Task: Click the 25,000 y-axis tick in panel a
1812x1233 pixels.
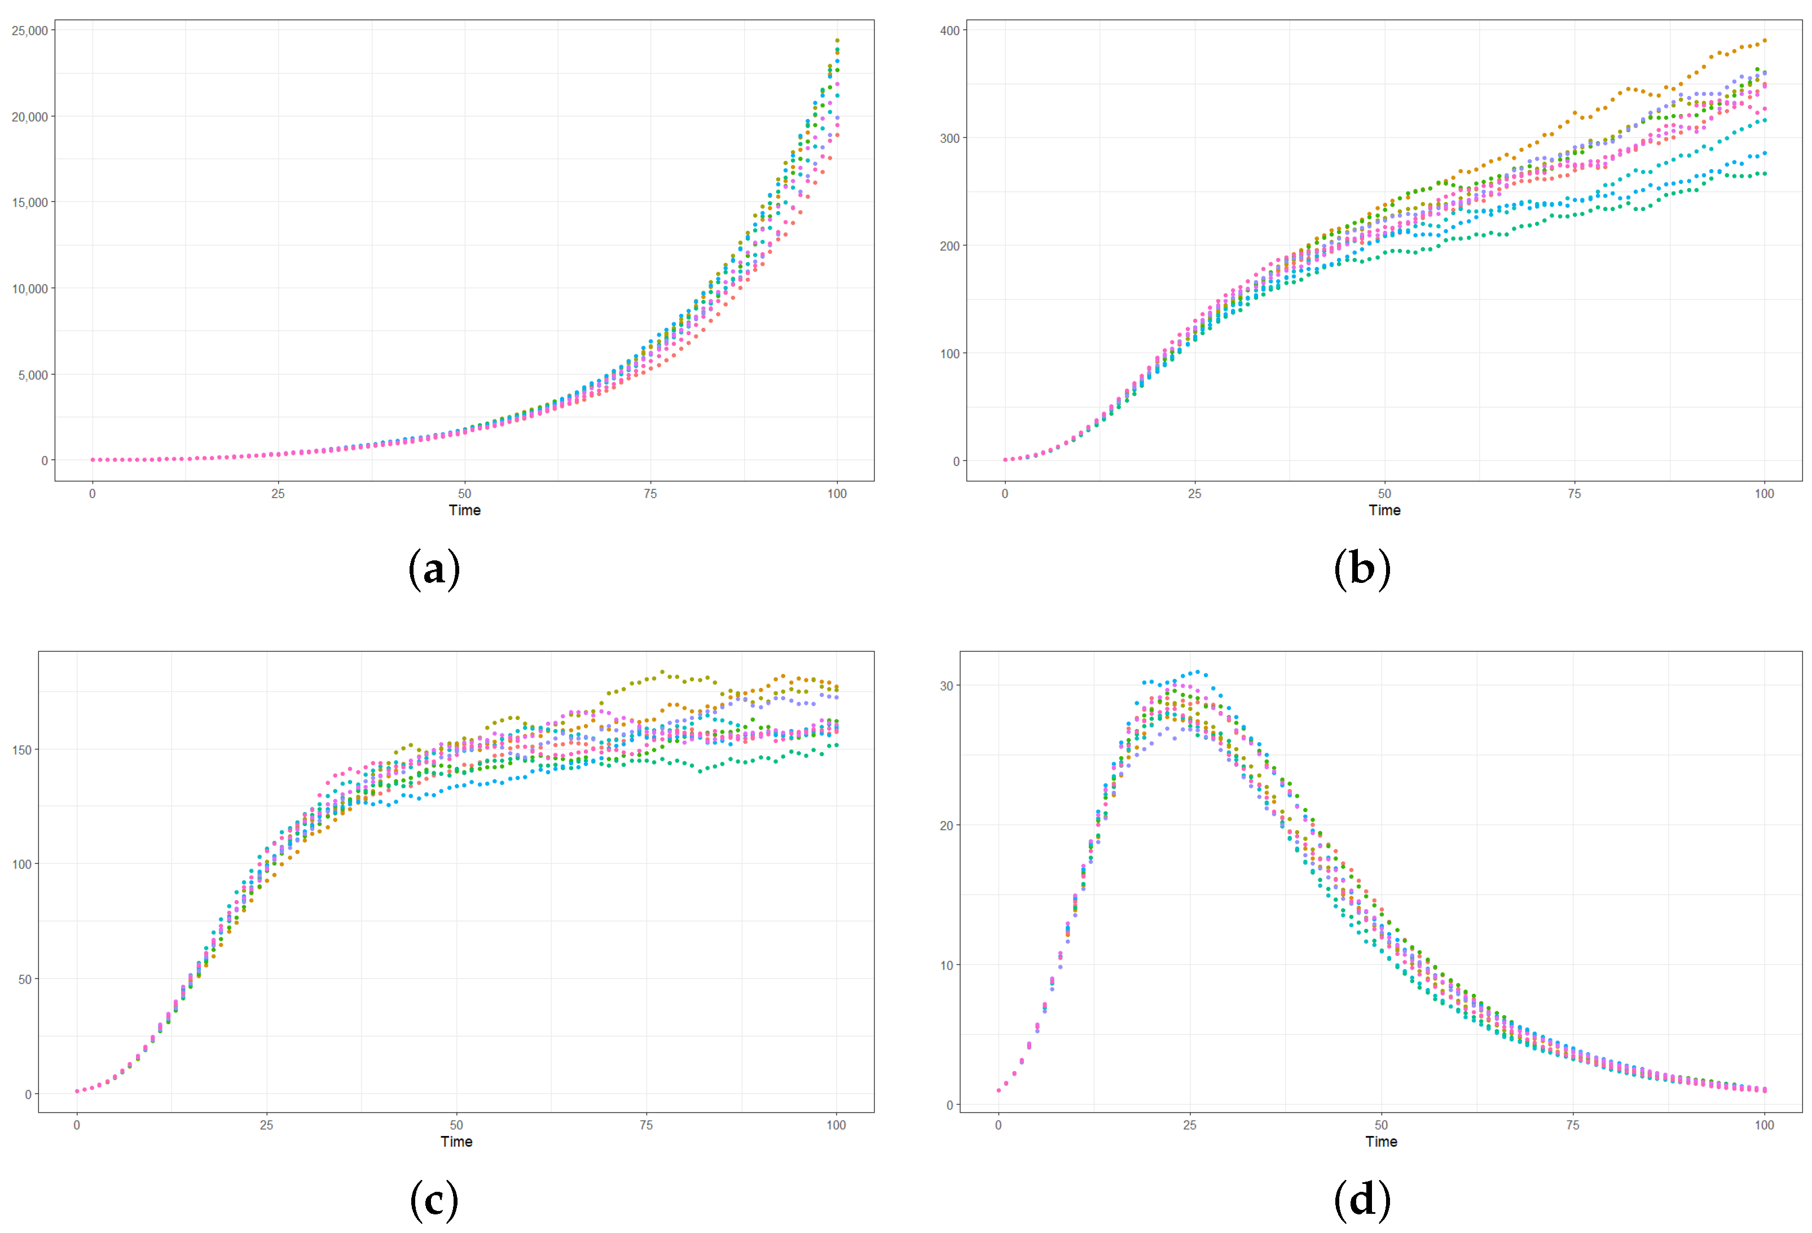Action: (x=30, y=30)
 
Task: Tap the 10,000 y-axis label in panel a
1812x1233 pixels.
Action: (x=30, y=288)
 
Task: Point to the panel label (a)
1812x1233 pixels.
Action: (x=434, y=569)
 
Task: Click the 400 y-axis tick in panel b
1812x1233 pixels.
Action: (x=949, y=30)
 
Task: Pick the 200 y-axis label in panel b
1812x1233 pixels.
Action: (x=949, y=245)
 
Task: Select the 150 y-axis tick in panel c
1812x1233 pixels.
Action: (x=22, y=749)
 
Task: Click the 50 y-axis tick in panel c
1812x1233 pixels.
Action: (x=25, y=978)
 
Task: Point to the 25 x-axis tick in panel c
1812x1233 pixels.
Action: (x=267, y=1125)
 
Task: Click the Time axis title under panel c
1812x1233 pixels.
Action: (x=456, y=1141)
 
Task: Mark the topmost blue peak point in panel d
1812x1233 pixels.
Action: (x=1198, y=672)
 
